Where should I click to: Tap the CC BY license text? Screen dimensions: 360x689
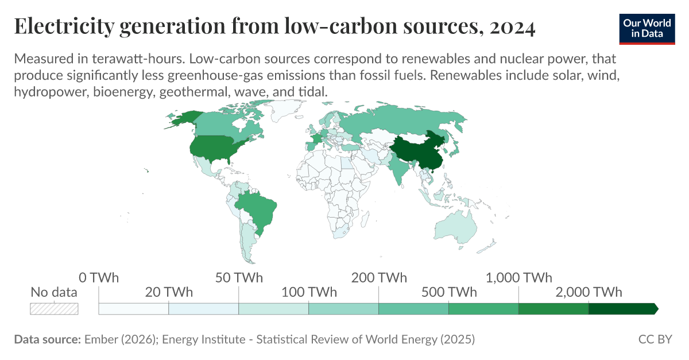(655, 339)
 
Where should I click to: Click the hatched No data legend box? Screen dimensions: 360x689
(54, 308)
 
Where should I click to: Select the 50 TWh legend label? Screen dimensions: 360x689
(239, 278)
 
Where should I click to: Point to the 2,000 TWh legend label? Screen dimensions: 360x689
(589, 292)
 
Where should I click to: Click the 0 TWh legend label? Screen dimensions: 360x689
(99, 278)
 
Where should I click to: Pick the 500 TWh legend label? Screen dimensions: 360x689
(448, 292)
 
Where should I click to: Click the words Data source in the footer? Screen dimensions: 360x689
(47, 339)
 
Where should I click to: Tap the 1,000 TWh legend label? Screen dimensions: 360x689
(519, 278)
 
